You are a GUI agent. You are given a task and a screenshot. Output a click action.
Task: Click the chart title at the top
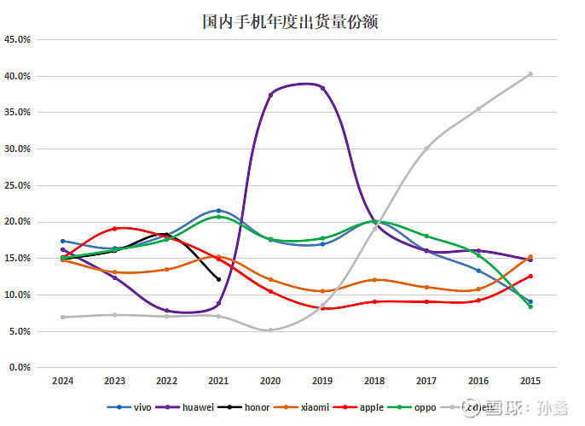291,21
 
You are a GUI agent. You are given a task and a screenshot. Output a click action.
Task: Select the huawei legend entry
193,407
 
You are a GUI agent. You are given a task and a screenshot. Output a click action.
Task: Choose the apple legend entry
371,407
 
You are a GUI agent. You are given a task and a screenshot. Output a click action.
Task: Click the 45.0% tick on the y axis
18,39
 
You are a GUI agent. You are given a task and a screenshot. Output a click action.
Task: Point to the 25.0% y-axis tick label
18,185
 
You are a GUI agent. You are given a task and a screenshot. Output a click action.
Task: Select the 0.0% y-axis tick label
20,368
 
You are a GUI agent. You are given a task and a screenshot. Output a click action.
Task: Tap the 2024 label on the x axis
62,382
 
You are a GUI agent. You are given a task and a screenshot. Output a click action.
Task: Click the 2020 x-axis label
270,382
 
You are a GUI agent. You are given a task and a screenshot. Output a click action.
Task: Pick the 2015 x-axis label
530,382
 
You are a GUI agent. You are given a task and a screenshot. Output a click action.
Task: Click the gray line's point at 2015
530,74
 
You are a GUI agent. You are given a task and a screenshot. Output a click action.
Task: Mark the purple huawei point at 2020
270,95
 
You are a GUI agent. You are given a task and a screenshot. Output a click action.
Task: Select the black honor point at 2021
218,279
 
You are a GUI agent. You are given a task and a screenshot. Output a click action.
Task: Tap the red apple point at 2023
114,229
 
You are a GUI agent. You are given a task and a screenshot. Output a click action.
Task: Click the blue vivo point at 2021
218,210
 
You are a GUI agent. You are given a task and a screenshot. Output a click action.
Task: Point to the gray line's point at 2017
426,149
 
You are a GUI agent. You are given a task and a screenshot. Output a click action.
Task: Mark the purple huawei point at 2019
322,88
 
